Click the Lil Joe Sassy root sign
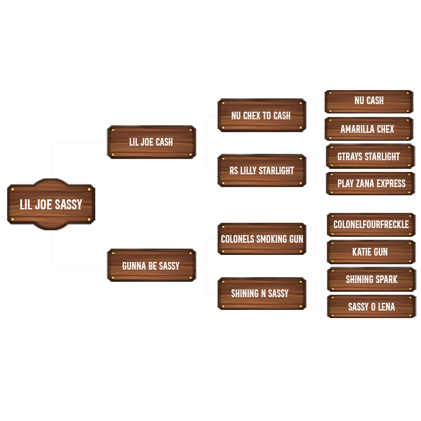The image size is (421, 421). [51, 205]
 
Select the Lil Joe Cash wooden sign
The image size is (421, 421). [151, 142]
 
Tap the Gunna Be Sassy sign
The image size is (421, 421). [151, 266]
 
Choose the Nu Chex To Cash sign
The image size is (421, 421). [261, 116]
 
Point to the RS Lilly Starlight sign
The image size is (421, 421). [261, 171]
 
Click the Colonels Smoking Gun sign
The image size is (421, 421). [261, 239]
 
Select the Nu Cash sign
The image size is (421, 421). [369, 101]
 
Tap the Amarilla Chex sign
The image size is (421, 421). [368, 129]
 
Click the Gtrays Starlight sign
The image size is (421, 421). [369, 157]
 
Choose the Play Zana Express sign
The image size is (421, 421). [371, 184]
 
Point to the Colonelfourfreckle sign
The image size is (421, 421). [371, 225]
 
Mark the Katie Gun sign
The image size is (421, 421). [370, 253]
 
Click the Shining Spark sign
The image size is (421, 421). [371, 279]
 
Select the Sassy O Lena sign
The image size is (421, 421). [371, 307]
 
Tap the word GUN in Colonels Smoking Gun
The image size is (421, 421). [296, 239]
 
